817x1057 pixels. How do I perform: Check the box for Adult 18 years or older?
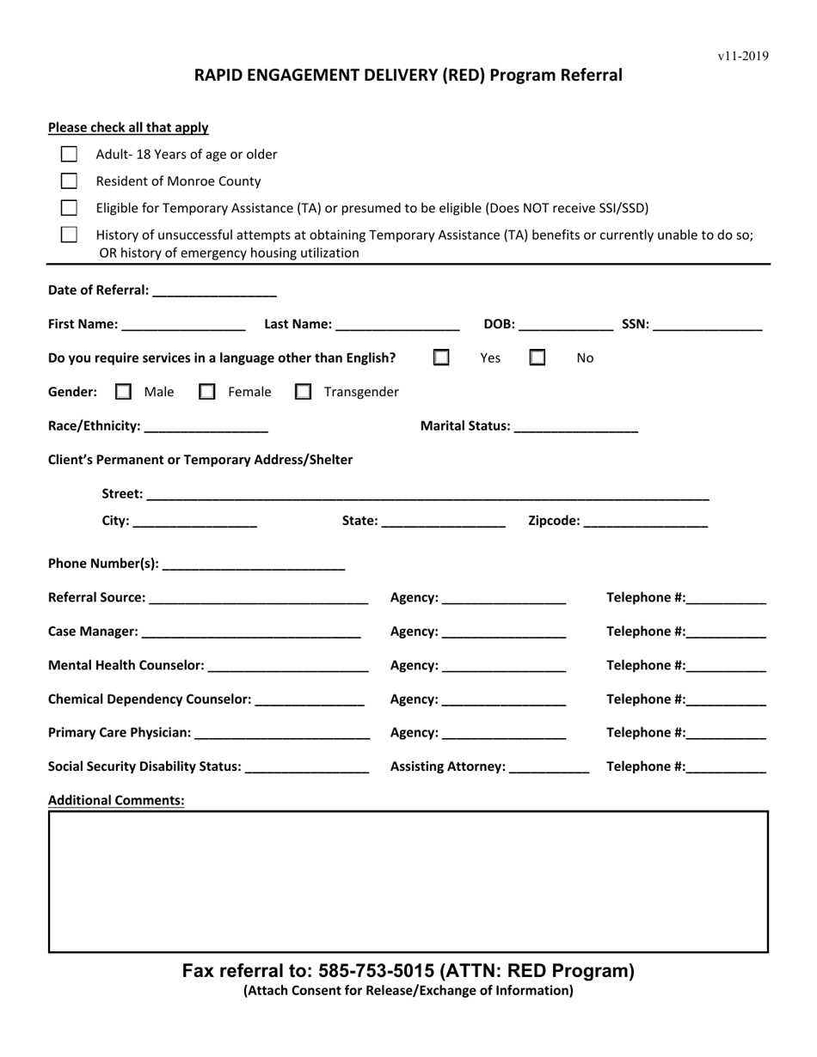(69, 155)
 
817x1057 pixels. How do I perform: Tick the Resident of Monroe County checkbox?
(69, 181)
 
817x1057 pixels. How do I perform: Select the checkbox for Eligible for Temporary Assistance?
(69, 208)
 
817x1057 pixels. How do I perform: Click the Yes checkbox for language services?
(441, 357)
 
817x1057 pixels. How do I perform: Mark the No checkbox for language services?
(537, 357)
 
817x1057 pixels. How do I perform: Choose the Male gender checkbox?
(123, 392)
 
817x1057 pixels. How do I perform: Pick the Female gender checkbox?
(207, 392)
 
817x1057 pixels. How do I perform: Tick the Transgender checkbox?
(303, 392)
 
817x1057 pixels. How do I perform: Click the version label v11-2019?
(743, 57)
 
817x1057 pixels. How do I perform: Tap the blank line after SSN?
(708, 326)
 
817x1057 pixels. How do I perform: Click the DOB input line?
(566, 326)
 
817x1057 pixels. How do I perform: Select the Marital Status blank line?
(575, 427)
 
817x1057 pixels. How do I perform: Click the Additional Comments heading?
(116, 800)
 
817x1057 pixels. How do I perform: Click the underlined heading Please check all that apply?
(128, 128)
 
